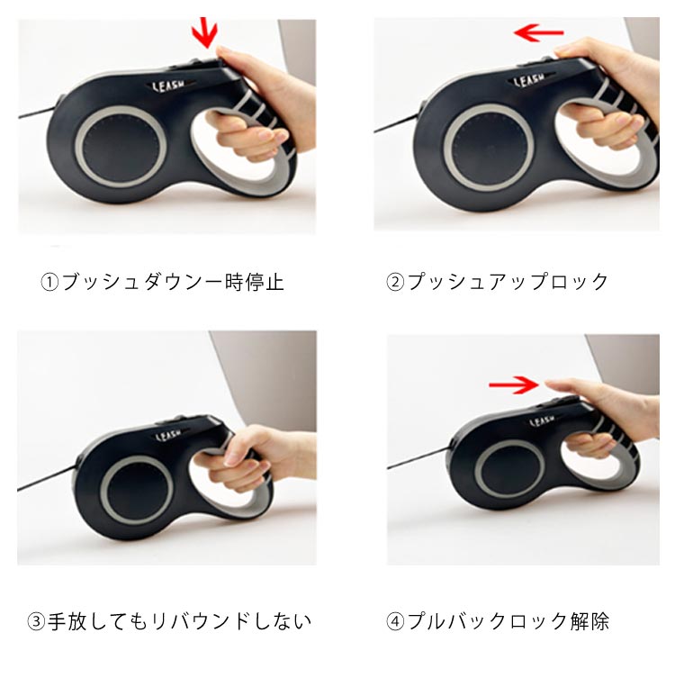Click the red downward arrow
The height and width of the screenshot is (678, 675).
click(205, 32)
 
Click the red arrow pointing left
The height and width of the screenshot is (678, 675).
click(539, 32)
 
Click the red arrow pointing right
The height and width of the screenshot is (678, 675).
click(514, 384)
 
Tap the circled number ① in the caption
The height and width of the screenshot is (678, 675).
click(49, 283)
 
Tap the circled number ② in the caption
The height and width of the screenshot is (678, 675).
click(394, 283)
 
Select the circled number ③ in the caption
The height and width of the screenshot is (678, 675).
click(36, 621)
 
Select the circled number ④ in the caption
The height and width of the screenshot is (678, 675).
click(394, 621)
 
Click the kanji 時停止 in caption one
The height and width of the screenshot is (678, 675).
click(255, 282)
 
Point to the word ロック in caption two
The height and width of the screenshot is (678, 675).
click(577, 282)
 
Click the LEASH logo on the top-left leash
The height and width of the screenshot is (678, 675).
click(168, 86)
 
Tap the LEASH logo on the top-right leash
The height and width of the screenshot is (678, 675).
click(529, 80)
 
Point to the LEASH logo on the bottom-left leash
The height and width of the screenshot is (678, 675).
click(168, 435)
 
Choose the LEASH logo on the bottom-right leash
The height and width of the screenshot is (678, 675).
click(542, 420)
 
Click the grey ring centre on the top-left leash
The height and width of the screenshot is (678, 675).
click(121, 147)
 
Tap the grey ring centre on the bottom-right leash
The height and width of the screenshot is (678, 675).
click(509, 470)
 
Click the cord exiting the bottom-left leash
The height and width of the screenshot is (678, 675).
click(47, 478)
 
